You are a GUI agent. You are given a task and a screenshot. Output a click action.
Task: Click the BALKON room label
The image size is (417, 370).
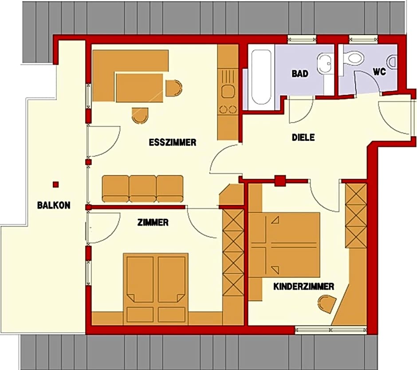pos(54,205)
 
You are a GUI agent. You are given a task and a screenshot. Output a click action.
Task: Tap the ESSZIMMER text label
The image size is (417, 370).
pos(173,143)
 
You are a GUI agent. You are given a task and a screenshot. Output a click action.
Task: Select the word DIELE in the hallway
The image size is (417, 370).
pos(303,137)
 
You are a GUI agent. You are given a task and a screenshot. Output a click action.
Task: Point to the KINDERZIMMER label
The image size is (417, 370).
pos(304,286)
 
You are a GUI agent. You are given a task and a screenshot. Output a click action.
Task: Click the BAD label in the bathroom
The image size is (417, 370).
pos(300,73)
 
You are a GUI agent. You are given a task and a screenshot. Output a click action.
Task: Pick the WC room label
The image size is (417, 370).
pos(379,72)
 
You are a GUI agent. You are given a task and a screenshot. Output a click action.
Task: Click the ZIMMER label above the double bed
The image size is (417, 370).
pos(153,222)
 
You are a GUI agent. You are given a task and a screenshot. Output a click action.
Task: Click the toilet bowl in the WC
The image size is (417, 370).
pos(353,57)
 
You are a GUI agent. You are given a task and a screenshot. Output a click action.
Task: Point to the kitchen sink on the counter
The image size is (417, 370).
pos(228,92)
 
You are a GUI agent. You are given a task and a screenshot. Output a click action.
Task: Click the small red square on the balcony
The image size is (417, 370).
pos(55,184)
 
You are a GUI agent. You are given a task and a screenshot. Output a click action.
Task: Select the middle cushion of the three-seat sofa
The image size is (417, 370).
pos(142,188)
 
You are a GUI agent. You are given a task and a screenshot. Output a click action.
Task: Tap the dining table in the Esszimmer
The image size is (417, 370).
pos(140,88)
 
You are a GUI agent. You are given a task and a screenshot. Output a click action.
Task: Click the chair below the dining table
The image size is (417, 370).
pos(140,116)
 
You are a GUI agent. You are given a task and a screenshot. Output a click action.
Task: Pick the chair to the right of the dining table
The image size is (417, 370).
pos(174,88)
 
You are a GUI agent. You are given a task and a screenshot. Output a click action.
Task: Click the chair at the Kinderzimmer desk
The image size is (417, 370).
pos(327,303)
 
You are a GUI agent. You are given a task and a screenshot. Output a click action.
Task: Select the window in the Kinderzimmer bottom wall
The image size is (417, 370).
pos(331,330)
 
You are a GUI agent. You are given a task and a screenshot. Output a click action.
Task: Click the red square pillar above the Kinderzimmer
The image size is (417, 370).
pos(280,181)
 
